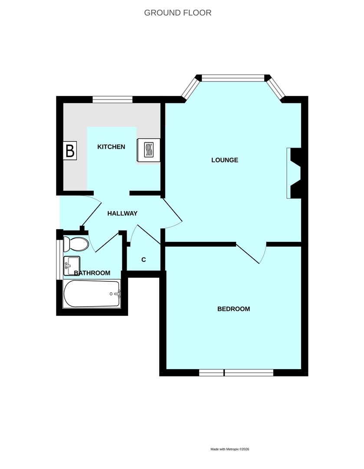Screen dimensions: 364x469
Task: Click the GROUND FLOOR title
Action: [177, 13]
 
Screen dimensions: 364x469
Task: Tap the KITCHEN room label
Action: [111, 147]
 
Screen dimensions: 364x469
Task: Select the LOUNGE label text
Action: [225, 160]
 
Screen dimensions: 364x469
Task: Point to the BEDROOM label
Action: [234, 309]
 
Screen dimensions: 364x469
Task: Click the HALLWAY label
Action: [122, 214]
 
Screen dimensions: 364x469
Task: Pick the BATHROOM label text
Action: [92, 273]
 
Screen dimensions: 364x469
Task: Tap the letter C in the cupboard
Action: [144, 260]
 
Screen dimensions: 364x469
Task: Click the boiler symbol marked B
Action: [70, 150]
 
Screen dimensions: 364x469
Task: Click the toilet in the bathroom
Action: [76, 244]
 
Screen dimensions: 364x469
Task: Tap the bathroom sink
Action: [72, 266]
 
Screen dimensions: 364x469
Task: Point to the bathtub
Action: [92, 294]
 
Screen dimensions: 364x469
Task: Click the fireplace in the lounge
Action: [294, 173]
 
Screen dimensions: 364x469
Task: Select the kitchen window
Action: [112, 99]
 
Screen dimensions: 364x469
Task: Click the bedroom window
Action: [236, 373]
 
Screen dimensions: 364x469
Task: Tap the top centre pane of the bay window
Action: [233, 78]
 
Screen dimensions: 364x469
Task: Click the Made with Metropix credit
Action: [230, 449]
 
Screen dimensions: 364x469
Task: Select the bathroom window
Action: [60, 258]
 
